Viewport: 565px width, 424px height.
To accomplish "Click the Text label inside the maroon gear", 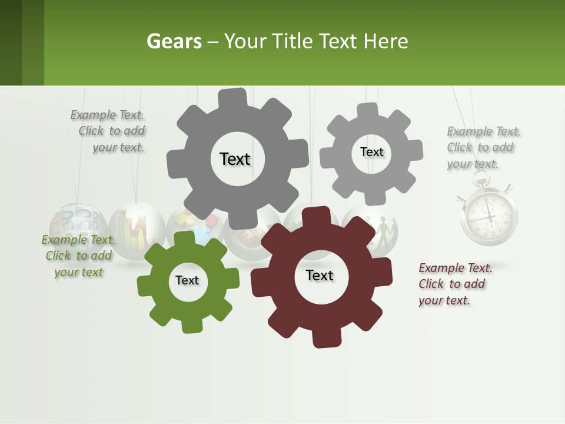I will [320, 276].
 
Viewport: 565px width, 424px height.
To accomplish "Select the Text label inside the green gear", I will [187, 281].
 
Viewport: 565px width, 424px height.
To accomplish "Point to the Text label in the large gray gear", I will [235, 159].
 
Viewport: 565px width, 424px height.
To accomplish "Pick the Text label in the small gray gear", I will [371, 152].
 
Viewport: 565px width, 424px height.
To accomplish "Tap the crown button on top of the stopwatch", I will [488, 180].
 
